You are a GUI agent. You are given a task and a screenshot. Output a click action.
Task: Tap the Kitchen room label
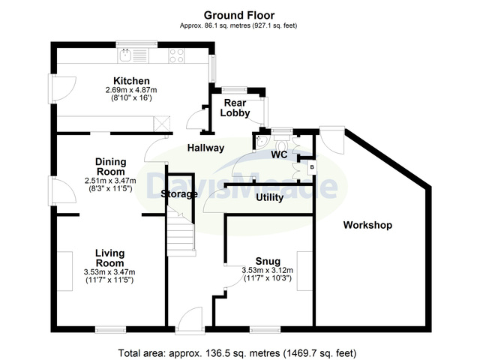131,81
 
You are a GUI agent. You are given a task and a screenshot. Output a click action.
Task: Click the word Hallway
205,148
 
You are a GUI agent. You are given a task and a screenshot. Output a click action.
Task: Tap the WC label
280,155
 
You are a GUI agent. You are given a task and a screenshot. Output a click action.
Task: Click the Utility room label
268,198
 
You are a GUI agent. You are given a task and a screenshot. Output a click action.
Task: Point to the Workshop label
367,225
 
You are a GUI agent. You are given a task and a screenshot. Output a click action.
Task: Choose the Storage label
179,194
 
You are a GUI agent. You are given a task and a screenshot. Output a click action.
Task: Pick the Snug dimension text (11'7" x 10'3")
267,280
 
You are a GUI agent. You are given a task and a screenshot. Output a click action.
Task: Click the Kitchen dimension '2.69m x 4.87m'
131,91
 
